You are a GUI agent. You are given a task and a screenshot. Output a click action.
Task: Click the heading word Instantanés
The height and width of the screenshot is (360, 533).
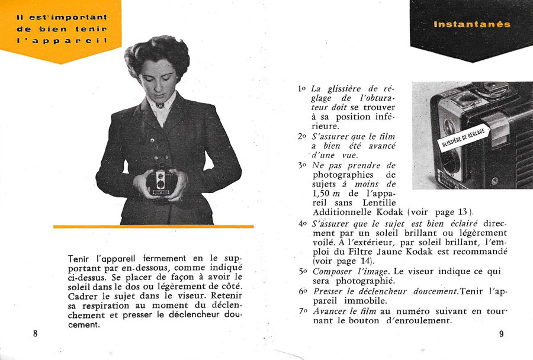coord(471,24)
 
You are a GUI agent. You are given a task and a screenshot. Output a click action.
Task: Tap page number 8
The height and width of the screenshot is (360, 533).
coord(36,333)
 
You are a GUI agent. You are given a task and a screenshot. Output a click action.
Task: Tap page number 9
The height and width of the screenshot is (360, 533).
coord(501,333)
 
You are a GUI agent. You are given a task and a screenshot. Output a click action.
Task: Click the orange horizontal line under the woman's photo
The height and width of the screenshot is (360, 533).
coord(153,226)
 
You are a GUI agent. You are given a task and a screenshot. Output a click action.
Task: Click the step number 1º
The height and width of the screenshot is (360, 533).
coord(302,89)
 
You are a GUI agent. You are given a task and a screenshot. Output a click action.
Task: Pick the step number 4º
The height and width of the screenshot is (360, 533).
coord(302,224)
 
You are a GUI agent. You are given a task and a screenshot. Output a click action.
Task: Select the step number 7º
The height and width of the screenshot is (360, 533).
coord(302,311)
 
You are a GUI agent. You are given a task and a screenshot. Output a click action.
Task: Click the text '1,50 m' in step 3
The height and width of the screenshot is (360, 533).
coord(327,193)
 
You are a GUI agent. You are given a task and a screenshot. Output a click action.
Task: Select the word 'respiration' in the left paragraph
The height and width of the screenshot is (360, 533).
coord(103,306)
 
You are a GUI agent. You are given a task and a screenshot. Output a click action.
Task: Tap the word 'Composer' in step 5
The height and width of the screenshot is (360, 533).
coord(330,271)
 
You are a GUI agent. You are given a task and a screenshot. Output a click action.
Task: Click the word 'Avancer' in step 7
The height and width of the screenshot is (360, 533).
coord(329,311)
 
